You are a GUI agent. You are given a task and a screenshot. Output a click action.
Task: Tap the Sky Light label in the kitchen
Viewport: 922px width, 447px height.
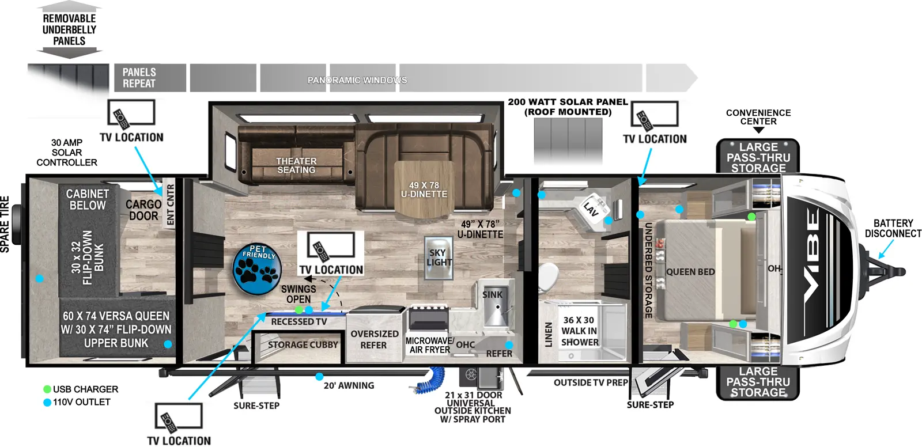[438, 257]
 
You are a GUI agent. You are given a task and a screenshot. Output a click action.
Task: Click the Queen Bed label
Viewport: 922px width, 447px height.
[690, 272]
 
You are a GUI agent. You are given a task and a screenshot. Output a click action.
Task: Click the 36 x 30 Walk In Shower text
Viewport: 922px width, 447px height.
[579, 331]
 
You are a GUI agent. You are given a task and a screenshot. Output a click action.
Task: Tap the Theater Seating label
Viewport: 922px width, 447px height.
[296, 165]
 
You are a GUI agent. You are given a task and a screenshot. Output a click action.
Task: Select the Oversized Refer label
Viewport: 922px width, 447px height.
[374, 339]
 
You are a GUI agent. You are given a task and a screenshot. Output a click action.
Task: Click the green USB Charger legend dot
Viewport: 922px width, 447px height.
[47, 389]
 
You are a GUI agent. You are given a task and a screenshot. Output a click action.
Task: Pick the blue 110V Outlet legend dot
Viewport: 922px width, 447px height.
[47, 402]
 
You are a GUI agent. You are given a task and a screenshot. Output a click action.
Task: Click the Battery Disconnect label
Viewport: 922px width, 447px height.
[893, 228]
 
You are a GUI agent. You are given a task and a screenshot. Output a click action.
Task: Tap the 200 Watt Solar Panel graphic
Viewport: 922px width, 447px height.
[568, 141]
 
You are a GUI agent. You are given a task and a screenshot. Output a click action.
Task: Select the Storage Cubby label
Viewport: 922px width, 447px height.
[303, 344]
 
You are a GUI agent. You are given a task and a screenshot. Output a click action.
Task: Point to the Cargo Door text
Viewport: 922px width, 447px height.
[143, 210]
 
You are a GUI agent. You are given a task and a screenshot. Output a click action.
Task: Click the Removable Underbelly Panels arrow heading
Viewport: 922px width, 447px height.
[69, 30]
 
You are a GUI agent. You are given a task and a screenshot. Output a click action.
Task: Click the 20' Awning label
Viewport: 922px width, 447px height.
[349, 385]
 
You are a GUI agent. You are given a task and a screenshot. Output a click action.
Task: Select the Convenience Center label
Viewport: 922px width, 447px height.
[758, 117]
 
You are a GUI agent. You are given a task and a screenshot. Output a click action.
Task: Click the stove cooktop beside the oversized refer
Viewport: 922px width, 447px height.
[428, 313]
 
